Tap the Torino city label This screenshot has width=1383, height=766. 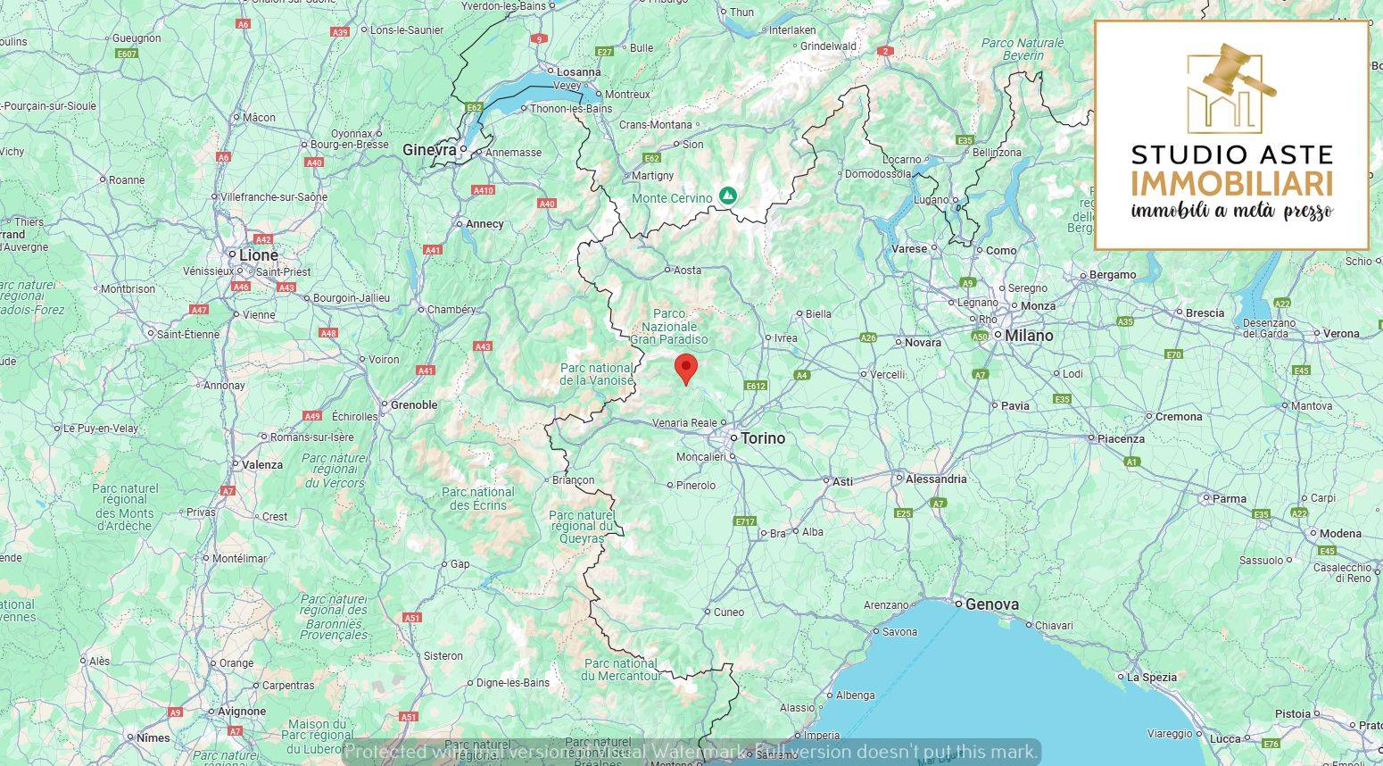click(x=762, y=438)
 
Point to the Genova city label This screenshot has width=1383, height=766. click(x=991, y=604)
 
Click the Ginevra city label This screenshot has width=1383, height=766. click(x=429, y=150)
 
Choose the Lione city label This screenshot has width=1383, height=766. click(x=258, y=255)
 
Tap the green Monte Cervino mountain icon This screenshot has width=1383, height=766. click(x=728, y=195)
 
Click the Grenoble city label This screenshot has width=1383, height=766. click(x=414, y=405)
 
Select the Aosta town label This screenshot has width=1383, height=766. click(x=687, y=271)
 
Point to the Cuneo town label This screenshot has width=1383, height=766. click(x=728, y=612)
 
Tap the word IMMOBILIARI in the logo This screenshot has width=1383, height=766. click(x=1231, y=184)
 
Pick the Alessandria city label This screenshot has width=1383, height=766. click(x=935, y=479)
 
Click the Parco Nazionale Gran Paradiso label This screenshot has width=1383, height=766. click(x=669, y=327)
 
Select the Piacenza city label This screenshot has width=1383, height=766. click(x=1120, y=439)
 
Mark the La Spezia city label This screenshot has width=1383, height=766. click(x=1151, y=678)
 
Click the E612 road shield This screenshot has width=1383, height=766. click(x=756, y=386)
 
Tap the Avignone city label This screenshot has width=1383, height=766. click(x=241, y=712)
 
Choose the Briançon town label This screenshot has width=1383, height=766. click(x=572, y=480)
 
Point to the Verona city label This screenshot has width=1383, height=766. click(x=1341, y=334)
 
